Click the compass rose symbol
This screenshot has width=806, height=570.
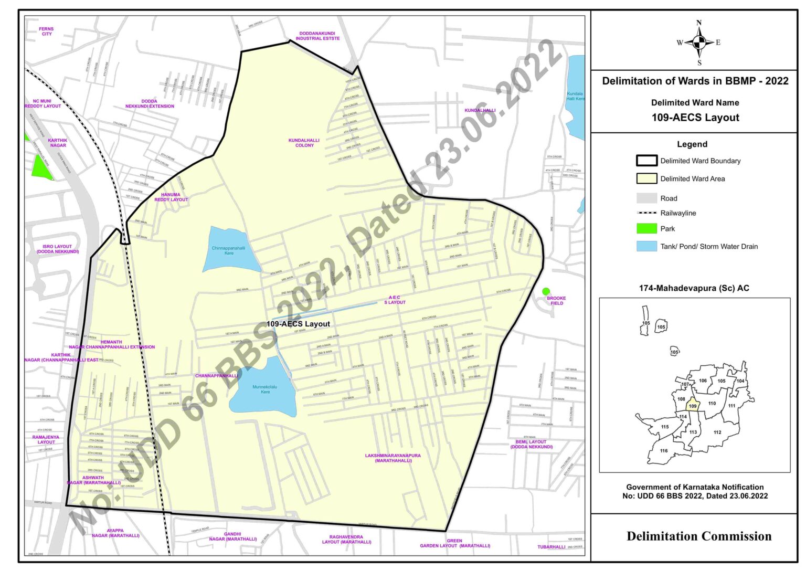tap(698, 43)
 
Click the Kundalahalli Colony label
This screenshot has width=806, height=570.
tap(304, 143)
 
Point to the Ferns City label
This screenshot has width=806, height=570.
tap(47, 31)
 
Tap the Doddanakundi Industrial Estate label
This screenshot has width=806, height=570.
tap(317, 36)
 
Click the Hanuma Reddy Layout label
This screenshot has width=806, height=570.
tap(171, 197)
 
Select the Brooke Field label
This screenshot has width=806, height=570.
tap(556, 301)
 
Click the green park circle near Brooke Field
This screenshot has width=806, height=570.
tap(546, 291)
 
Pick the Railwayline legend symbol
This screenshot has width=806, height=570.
tap(646, 213)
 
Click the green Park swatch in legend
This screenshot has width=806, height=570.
tap(646, 228)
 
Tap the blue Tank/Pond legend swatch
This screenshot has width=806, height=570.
tap(646, 246)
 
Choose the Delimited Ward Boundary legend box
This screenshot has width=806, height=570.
tap(646, 161)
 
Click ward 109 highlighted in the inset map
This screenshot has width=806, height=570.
tap(693, 406)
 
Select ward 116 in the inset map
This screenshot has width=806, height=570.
tap(664, 450)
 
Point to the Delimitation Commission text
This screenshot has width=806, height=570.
tap(698, 536)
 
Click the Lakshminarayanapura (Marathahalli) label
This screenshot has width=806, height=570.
tap(393, 458)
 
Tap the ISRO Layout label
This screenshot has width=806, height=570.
tap(58, 249)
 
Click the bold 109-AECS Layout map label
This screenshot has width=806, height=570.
tap(298, 324)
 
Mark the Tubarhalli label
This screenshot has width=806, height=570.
tap(551, 547)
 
